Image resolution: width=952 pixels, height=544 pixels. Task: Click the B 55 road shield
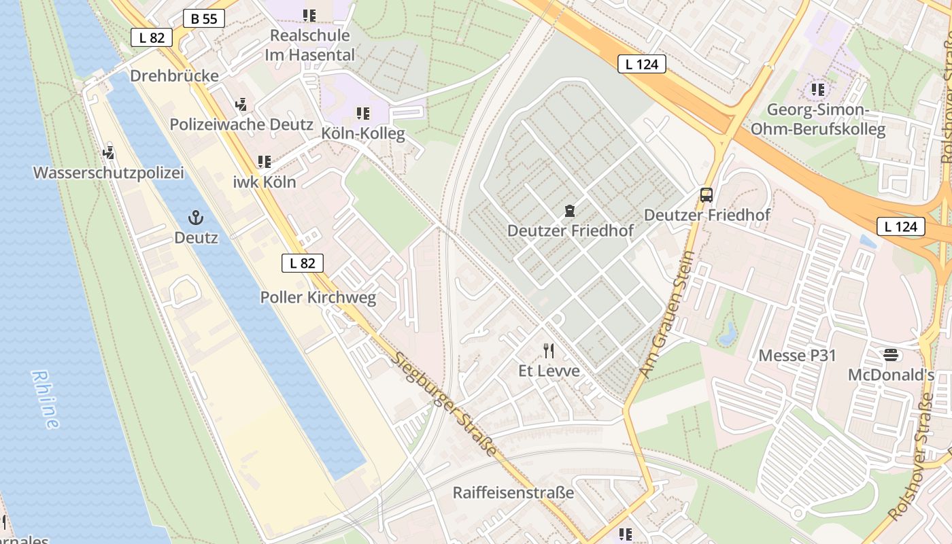[x=204, y=19]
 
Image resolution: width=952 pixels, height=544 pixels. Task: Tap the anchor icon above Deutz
[x=196, y=218]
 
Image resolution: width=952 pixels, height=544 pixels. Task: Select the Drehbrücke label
[x=174, y=75]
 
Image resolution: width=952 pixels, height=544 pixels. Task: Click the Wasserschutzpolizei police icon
[x=109, y=152]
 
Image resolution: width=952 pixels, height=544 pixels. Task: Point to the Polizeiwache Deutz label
[x=241, y=124]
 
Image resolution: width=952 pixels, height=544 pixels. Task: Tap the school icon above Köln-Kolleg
[x=363, y=113]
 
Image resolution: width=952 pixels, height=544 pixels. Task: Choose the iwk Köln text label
[x=265, y=182]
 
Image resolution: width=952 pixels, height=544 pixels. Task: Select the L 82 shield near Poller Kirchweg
[x=303, y=263]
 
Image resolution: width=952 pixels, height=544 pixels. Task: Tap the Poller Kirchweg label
[x=318, y=297]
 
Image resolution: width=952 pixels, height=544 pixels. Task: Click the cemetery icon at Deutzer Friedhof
[x=570, y=211]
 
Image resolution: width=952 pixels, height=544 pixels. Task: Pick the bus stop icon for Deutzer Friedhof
[x=707, y=195]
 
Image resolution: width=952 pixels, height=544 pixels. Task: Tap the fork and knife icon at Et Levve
[x=549, y=351]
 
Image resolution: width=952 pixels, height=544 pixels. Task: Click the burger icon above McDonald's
[x=891, y=355]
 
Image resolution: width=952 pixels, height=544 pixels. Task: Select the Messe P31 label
[x=797, y=356]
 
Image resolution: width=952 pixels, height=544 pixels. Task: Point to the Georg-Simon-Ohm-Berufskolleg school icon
[x=817, y=89]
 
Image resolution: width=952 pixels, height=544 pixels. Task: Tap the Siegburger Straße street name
[x=445, y=405]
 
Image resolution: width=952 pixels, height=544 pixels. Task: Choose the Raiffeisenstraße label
[x=513, y=492]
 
